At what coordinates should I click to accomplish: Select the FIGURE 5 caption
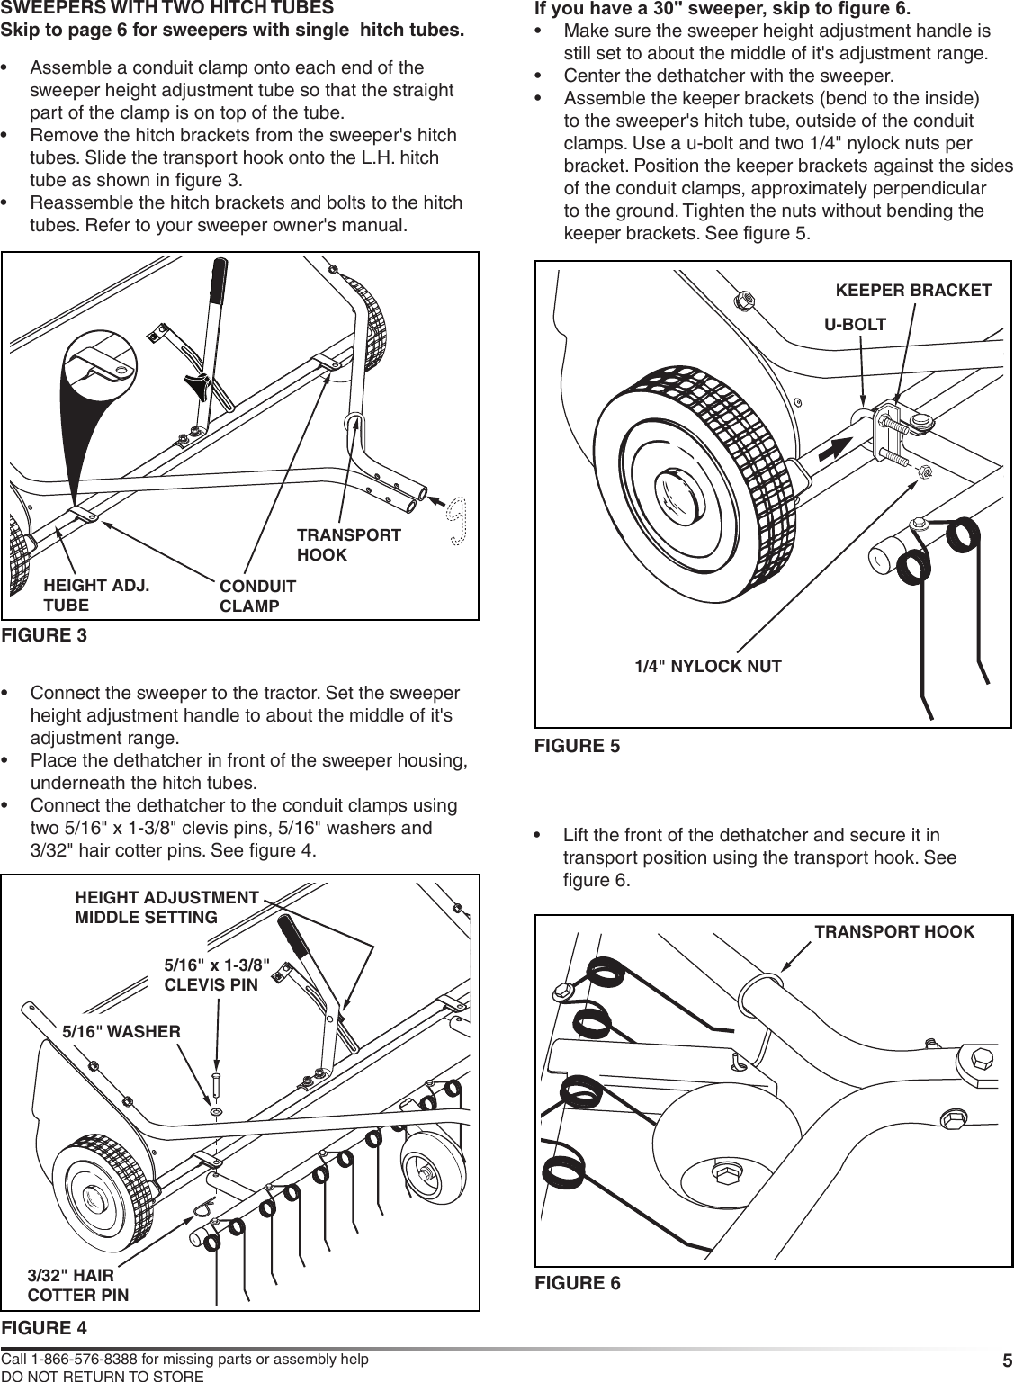(577, 746)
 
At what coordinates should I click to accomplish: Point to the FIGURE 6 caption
(577, 1283)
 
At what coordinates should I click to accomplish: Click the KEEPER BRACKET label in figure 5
(913, 291)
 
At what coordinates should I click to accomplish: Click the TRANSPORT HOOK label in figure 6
(893, 932)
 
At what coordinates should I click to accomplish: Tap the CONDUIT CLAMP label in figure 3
(257, 597)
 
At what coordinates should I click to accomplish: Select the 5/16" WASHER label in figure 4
(121, 1031)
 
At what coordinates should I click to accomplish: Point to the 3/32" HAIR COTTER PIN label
(77, 1286)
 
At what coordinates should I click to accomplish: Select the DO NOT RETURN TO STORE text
(102, 1376)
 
